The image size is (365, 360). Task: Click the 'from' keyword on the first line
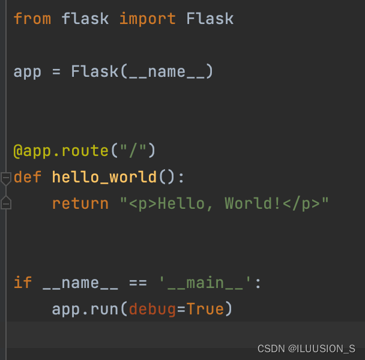[32, 19]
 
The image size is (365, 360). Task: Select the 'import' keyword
[148, 19]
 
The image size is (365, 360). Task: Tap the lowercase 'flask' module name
[85, 19]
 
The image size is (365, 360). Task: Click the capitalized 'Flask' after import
[210, 19]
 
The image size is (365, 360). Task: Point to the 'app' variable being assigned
[28, 72]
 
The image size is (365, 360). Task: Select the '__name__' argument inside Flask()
[167, 72]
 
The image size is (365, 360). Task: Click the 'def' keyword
[28, 178]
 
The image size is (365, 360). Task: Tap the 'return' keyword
[76, 204]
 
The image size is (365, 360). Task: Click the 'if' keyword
[23, 283]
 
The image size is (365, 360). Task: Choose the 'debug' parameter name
[152, 310]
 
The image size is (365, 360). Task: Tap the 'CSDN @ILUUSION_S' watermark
[306, 349]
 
